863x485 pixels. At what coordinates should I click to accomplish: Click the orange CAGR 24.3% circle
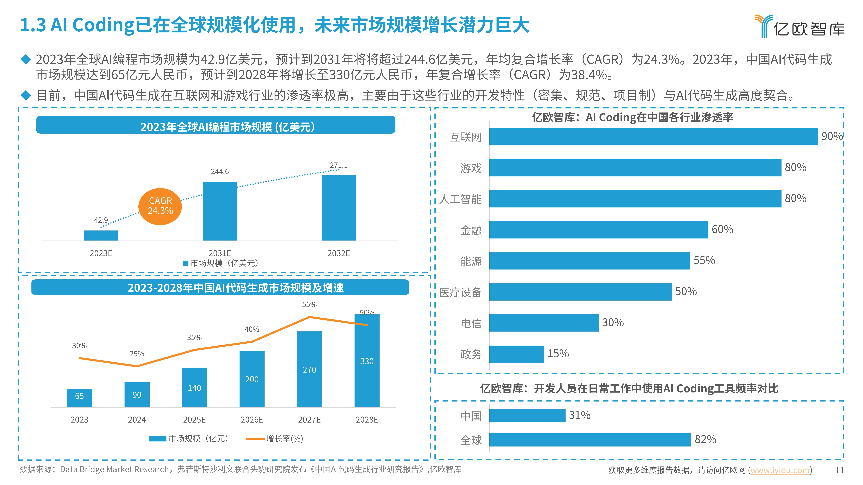pos(160,206)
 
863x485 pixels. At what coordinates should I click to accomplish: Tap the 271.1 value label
pos(339,165)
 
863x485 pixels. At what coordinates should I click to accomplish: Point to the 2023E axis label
pos(101,253)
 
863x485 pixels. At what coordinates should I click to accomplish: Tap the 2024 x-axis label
pos(137,420)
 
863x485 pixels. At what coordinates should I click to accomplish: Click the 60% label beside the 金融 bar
pos(722,230)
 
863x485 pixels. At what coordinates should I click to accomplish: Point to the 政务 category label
pos(471,354)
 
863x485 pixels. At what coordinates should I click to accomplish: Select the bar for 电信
pos(544,323)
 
